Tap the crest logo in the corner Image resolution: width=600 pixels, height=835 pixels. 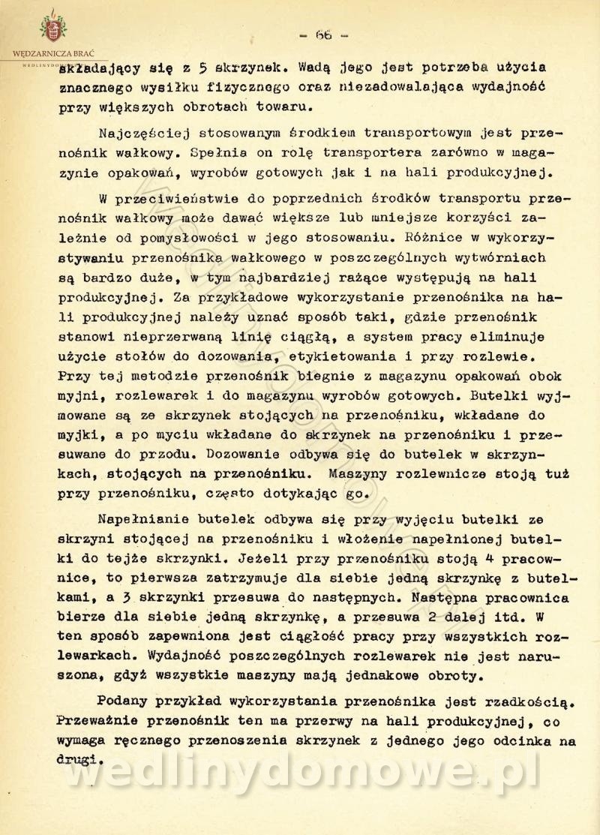(52, 29)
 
